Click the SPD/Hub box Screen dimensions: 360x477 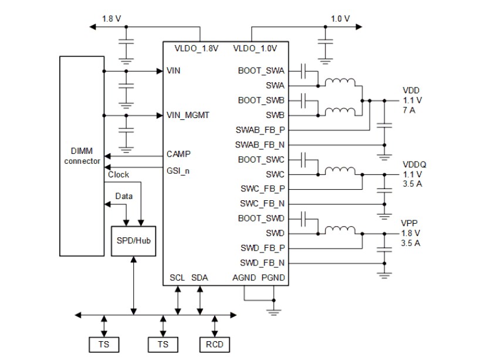pos(133,240)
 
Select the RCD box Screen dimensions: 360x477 pos(215,344)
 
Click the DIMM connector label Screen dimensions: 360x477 pos(82,156)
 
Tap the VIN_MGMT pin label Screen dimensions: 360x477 pos(187,115)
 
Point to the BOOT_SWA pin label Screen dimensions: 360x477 pos(261,70)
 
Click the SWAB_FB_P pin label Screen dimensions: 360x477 pos(261,129)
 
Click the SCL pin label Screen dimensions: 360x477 pos(177,277)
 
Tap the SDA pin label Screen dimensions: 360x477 pos(199,277)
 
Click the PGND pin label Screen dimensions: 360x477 pos(273,277)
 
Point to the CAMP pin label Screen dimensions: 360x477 pos(178,154)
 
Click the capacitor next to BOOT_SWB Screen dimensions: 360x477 pos(303,100)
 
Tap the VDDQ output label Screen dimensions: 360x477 pos(414,165)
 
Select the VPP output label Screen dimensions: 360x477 pos(410,224)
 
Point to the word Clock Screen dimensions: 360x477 pos(119,174)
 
